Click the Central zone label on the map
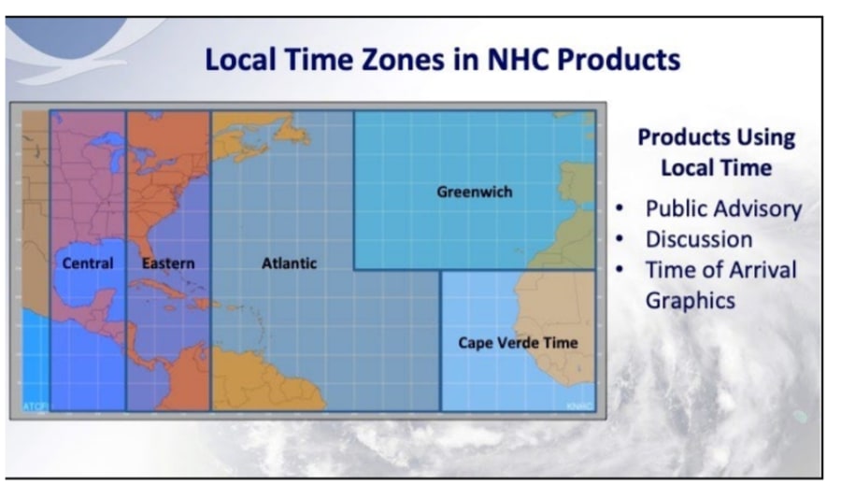pyautogui.click(x=88, y=264)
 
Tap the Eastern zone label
pyautogui.click(x=168, y=264)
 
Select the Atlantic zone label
pyautogui.click(x=289, y=264)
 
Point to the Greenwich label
pyautogui.click(x=474, y=192)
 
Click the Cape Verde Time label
pyautogui.click(x=518, y=343)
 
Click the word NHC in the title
pyautogui.click(x=518, y=59)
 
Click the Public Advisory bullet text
pyautogui.click(x=723, y=209)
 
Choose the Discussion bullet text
pyautogui.click(x=699, y=239)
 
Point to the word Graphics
pyautogui.click(x=691, y=301)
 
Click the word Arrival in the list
pyautogui.click(x=763, y=270)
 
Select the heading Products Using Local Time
pyautogui.click(x=716, y=152)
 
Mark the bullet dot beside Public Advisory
pyautogui.click(x=620, y=208)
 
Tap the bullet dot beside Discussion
pyautogui.click(x=620, y=239)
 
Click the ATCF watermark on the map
pyautogui.click(x=35, y=406)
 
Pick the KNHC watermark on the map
pyautogui.click(x=579, y=406)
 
